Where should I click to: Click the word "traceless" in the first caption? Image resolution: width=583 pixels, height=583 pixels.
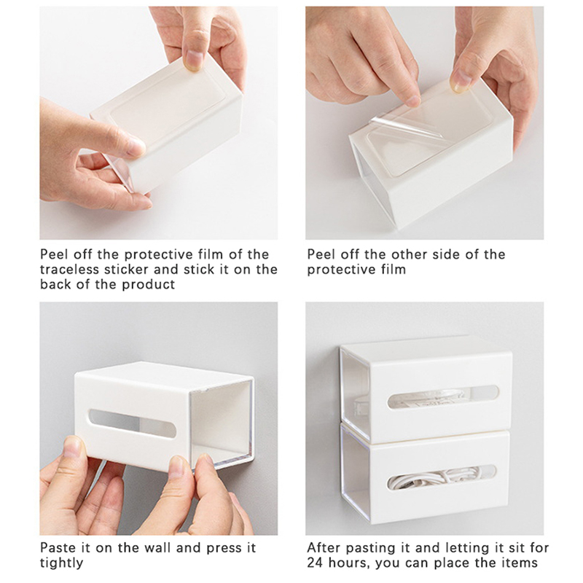[69, 269]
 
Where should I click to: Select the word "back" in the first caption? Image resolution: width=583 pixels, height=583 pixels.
[55, 284]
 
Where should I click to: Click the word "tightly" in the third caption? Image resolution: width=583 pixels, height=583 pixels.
[61, 563]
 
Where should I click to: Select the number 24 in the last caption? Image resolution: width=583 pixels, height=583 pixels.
[316, 563]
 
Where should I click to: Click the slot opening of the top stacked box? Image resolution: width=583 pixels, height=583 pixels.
[442, 396]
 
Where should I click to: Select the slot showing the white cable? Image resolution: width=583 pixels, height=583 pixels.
[442, 478]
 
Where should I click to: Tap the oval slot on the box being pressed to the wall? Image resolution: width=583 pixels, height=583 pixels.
[133, 423]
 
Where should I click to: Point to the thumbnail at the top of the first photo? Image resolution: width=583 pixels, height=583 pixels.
[194, 60]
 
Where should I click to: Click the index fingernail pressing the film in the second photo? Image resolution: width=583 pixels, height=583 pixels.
[413, 101]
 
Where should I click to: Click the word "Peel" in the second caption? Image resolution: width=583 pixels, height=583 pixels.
[321, 254]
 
